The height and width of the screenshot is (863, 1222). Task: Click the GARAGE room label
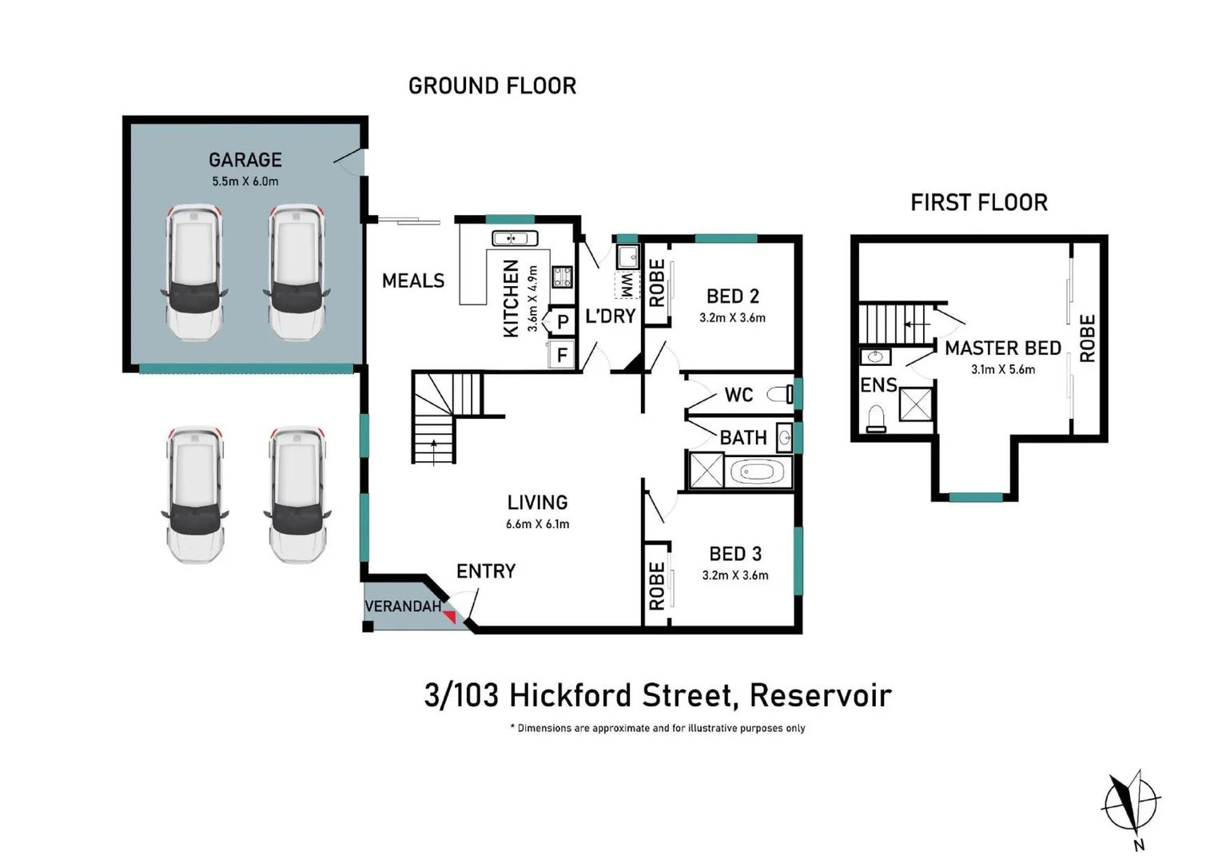[x=245, y=160]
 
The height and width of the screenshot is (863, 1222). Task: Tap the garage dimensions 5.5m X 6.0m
[x=245, y=181]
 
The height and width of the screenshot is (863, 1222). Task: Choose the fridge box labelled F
[x=562, y=355]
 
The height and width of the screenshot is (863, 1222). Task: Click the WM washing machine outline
[x=627, y=285]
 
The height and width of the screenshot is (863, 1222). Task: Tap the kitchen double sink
[x=515, y=238]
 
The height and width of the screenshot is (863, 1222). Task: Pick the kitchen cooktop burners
[x=563, y=276]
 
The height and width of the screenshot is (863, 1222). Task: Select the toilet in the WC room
[x=779, y=394]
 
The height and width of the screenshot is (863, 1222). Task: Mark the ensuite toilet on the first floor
[x=876, y=419]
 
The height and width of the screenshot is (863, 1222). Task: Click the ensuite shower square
[x=915, y=404]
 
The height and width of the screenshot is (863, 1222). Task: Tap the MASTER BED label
[x=1003, y=348]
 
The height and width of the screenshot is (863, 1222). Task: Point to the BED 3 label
[x=734, y=554]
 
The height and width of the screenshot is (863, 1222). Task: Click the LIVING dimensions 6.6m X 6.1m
[x=537, y=524]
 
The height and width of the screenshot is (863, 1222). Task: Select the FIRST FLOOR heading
[x=979, y=203]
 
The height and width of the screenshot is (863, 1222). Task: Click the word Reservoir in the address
[x=821, y=695]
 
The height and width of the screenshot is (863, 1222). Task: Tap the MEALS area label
[x=413, y=281]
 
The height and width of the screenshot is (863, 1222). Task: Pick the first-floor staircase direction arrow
[x=917, y=324]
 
